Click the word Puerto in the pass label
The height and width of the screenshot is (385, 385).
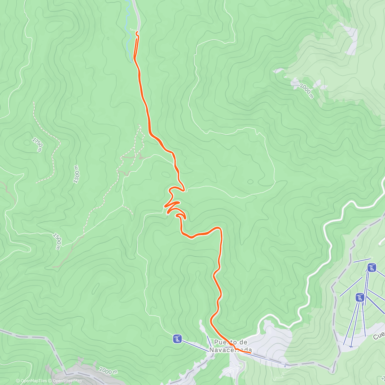tap(224, 342)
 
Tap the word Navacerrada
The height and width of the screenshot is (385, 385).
tap(230, 350)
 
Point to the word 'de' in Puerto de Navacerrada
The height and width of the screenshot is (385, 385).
tap(243, 342)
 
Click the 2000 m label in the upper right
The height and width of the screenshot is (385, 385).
tap(306, 91)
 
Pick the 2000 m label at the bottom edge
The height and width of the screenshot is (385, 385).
tap(108, 371)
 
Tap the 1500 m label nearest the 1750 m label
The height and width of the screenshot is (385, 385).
tap(76, 174)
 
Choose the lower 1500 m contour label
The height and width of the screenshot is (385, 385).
tap(57, 241)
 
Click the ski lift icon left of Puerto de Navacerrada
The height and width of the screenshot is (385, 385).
tap(177, 338)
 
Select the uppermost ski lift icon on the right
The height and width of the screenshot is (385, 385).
tap(372, 267)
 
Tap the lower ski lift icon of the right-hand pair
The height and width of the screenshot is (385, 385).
tap(360, 297)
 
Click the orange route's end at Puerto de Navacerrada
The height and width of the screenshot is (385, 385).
tap(250, 353)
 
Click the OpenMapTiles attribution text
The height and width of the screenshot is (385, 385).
tap(31, 381)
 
